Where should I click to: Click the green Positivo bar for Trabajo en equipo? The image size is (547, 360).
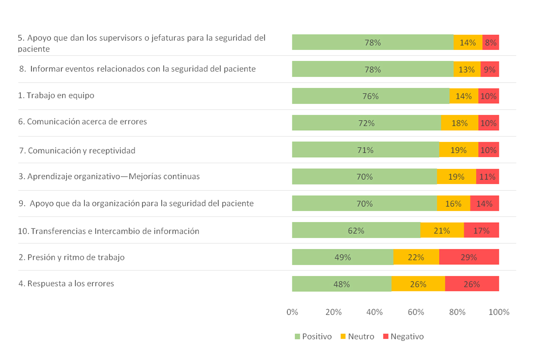[x=370, y=96]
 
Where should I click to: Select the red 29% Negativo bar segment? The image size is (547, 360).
[x=469, y=257]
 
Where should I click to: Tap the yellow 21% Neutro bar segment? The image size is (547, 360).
[x=442, y=230]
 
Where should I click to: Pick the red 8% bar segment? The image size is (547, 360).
[x=490, y=42]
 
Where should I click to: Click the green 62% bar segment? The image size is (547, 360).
[x=356, y=230]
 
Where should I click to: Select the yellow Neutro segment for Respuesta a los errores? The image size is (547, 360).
[x=418, y=284]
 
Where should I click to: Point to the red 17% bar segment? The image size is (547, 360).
[x=481, y=230]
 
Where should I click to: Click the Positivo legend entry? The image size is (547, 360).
[x=313, y=336]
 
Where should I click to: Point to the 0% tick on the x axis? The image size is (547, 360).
[x=292, y=312]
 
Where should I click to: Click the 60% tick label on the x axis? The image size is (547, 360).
[x=416, y=312]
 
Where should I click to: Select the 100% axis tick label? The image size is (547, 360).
[x=498, y=312]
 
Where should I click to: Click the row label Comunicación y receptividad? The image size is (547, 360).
[x=77, y=150]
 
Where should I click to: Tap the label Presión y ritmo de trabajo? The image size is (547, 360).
[x=72, y=257]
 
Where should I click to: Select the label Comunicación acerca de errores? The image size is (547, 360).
[x=83, y=122]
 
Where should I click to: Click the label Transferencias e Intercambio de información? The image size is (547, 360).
[x=109, y=231]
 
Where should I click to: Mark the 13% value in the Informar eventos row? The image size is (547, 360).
[x=467, y=70]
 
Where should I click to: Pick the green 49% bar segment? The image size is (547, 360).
[x=343, y=257]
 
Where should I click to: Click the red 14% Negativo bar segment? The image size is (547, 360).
[x=485, y=204]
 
